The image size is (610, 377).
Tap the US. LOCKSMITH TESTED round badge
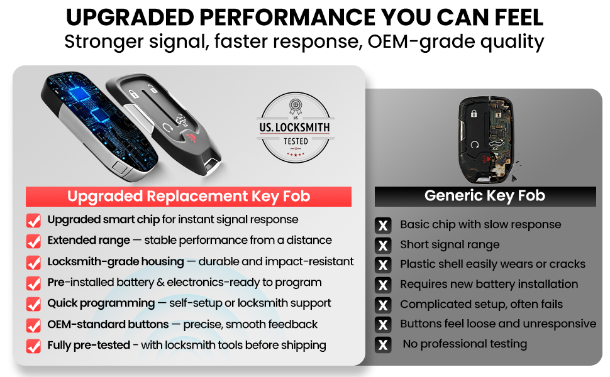pyautogui.click(x=296, y=128)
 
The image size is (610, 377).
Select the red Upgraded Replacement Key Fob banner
pyautogui.click(x=189, y=196)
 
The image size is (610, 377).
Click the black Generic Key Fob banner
pyautogui.click(x=485, y=196)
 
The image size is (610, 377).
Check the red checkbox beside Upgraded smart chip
pyautogui.click(x=33, y=220)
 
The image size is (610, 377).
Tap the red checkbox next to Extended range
pyautogui.click(x=33, y=241)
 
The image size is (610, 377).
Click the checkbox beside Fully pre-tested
pyautogui.click(x=33, y=346)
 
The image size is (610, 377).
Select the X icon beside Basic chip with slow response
pyautogui.click(x=383, y=226)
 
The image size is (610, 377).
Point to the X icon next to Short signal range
pyautogui.click(x=383, y=245)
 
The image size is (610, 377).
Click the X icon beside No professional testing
pyautogui.click(x=383, y=345)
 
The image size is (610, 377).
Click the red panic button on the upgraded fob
pyautogui.click(x=191, y=137)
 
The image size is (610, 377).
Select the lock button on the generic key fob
pyautogui.click(x=474, y=114)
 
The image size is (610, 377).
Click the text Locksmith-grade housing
pyautogui.click(x=116, y=261)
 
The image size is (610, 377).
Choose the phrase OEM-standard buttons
pyautogui.click(x=108, y=324)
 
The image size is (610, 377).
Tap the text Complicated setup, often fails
pyautogui.click(x=482, y=304)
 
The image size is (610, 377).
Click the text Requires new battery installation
pyautogui.click(x=489, y=284)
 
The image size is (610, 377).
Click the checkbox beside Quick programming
pyautogui.click(x=33, y=303)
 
